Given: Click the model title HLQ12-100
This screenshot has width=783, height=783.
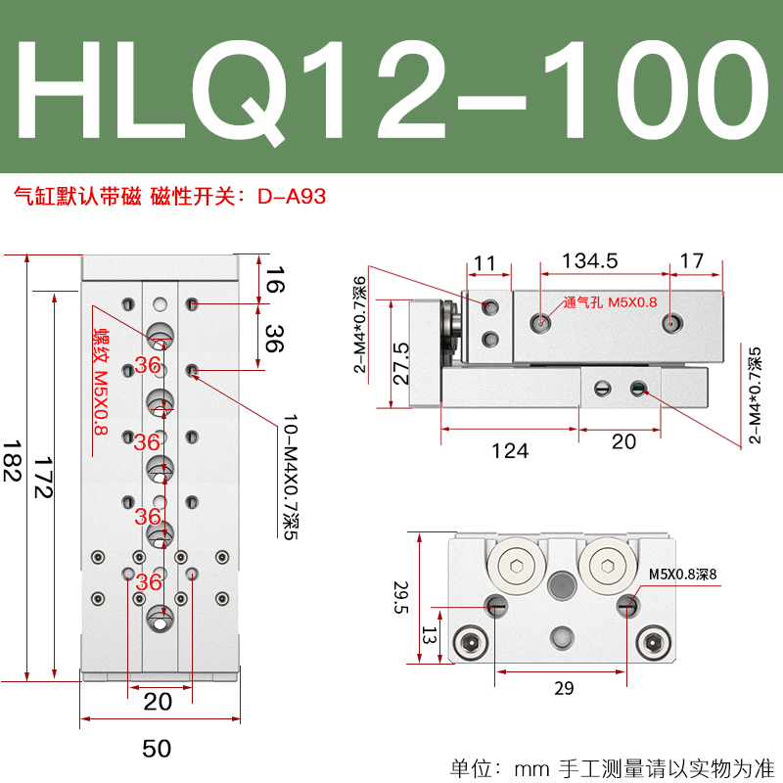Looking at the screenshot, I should (x=391, y=87).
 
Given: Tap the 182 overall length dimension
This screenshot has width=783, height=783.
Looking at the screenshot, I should (x=13, y=460).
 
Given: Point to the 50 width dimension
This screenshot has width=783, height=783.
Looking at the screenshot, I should (x=157, y=749).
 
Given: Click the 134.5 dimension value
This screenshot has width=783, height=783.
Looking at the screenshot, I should (x=590, y=260).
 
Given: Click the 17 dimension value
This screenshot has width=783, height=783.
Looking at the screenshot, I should (x=691, y=260).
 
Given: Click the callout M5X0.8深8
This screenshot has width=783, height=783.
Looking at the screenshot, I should (x=683, y=575).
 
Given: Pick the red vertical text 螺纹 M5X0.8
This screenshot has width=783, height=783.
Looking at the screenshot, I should (x=100, y=382).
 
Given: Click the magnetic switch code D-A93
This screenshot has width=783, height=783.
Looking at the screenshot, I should (x=292, y=196).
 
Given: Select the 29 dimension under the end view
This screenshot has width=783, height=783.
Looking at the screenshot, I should (x=563, y=688).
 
